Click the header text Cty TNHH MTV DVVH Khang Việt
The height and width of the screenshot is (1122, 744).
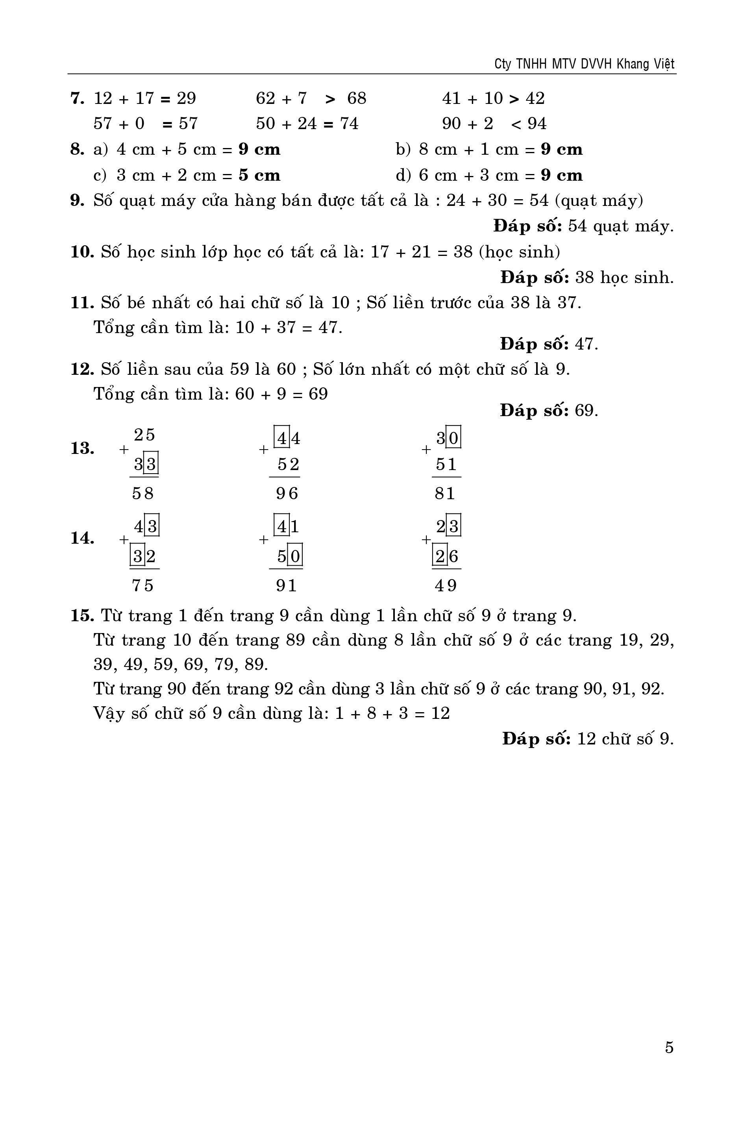[x=584, y=64]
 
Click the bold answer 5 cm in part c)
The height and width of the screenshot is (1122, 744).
[x=259, y=175]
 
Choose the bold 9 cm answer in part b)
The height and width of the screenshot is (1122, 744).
[x=561, y=150]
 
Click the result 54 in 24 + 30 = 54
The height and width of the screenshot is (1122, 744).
[x=539, y=201]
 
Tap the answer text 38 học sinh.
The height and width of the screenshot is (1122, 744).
[x=624, y=278]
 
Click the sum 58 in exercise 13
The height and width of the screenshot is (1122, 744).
[x=143, y=494]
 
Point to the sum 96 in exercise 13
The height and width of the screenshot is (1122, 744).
[x=287, y=494]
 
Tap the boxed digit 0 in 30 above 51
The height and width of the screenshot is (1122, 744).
[x=453, y=437]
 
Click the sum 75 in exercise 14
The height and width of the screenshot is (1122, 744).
[x=143, y=586]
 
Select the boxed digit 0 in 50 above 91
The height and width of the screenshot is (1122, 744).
[x=295, y=555]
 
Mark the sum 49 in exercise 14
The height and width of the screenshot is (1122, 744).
[x=446, y=586]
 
